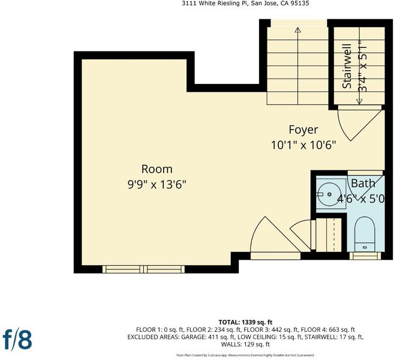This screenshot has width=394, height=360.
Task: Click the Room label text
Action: tap(157, 169)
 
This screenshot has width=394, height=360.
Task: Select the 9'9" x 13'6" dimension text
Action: tap(157, 185)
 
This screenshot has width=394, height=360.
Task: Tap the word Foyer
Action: tap(303, 130)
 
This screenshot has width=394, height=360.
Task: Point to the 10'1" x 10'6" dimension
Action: tap(303, 145)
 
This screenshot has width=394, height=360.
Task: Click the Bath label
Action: tap(363, 183)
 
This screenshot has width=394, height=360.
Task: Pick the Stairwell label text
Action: tap(347, 66)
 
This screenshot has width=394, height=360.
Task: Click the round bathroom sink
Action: tap(329, 194)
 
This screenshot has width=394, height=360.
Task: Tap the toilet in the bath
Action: tap(365, 235)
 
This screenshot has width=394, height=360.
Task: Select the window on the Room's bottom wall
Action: tap(143, 269)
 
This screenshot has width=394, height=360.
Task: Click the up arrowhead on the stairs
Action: tap(298, 30)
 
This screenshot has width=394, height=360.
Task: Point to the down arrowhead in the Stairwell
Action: tap(360, 101)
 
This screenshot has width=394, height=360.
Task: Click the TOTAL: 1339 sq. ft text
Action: tap(245, 322)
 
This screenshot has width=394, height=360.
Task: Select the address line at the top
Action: tap(246, 3)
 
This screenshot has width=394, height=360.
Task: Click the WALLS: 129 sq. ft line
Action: tap(245, 344)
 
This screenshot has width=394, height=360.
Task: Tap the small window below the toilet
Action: tap(365, 256)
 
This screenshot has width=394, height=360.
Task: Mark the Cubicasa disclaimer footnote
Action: tap(245, 355)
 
